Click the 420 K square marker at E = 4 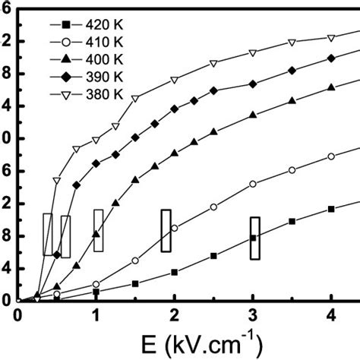coord(331,209)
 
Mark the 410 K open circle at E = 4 coord(331,156)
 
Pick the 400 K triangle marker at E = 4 coord(331,87)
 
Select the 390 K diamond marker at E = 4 coord(331,58)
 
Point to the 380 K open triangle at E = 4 coord(331,37)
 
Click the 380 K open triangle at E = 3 coord(253,53)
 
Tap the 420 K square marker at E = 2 coord(175,272)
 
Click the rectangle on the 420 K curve coord(255,238)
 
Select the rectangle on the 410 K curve coord(166,231)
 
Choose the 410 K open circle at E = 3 coord(253,184)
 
